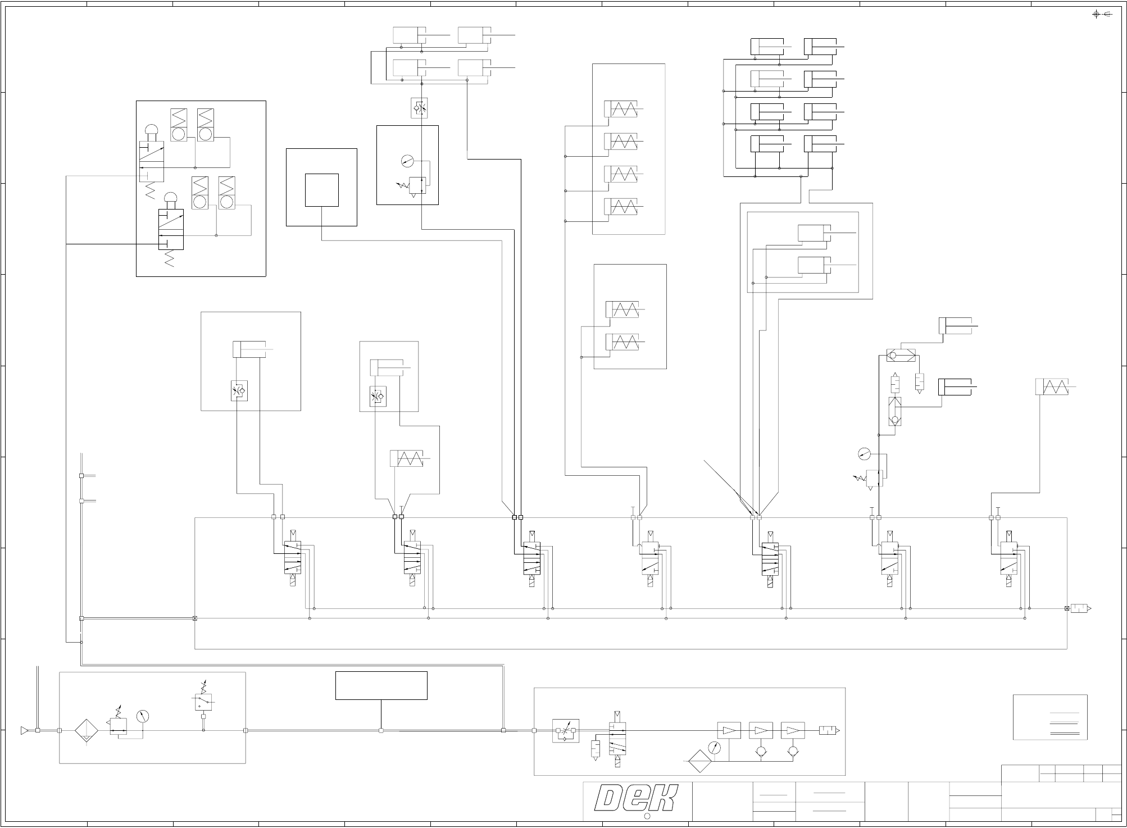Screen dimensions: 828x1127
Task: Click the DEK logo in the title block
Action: [x=637, y=798]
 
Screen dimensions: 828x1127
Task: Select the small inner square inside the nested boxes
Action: [x=321, y=190]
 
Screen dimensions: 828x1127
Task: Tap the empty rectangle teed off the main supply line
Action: [x=381, y=685]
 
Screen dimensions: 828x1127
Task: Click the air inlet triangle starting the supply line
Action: [x=24, y=731]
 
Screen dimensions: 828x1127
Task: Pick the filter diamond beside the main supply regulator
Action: [x=86, y=731]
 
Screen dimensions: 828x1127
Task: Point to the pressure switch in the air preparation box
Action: [x=203, y=702]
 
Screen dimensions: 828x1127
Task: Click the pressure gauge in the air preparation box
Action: [x=143, y=716]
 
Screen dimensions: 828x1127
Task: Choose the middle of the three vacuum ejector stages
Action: [x=761, y=730]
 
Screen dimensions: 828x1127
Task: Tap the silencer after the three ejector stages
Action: [x=829, y=730]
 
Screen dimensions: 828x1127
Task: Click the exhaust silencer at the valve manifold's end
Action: [x=1079, y=608]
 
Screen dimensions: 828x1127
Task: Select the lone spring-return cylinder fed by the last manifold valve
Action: [x=1052, y=387]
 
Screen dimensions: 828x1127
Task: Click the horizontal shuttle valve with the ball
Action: [x=901, y=356]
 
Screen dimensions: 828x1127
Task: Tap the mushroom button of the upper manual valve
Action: [x=152, y=131]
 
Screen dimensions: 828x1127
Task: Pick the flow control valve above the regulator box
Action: [x=419, y=108]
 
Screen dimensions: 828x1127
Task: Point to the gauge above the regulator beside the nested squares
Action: [x=407, y=161]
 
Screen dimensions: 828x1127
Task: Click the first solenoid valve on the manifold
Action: [x=292, y=558]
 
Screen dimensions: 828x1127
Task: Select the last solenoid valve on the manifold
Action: [x=1010, y=558]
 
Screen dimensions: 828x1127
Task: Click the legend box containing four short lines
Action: [x=1049, y=717]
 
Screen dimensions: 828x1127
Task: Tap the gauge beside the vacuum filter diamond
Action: [x=715, y=748]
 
